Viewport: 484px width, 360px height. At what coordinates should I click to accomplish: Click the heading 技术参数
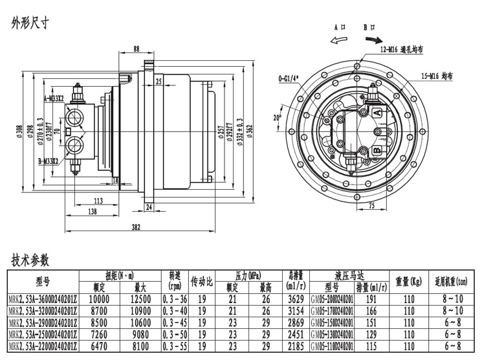30,260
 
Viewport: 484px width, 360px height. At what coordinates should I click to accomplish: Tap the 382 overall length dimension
136,227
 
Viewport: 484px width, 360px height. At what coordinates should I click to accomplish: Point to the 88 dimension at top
136,49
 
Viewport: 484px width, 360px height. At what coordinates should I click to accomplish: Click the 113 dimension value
98,200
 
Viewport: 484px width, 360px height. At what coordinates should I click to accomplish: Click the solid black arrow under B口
374,39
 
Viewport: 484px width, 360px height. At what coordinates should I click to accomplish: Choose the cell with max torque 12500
140,298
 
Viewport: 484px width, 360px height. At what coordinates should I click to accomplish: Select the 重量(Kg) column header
408,282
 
